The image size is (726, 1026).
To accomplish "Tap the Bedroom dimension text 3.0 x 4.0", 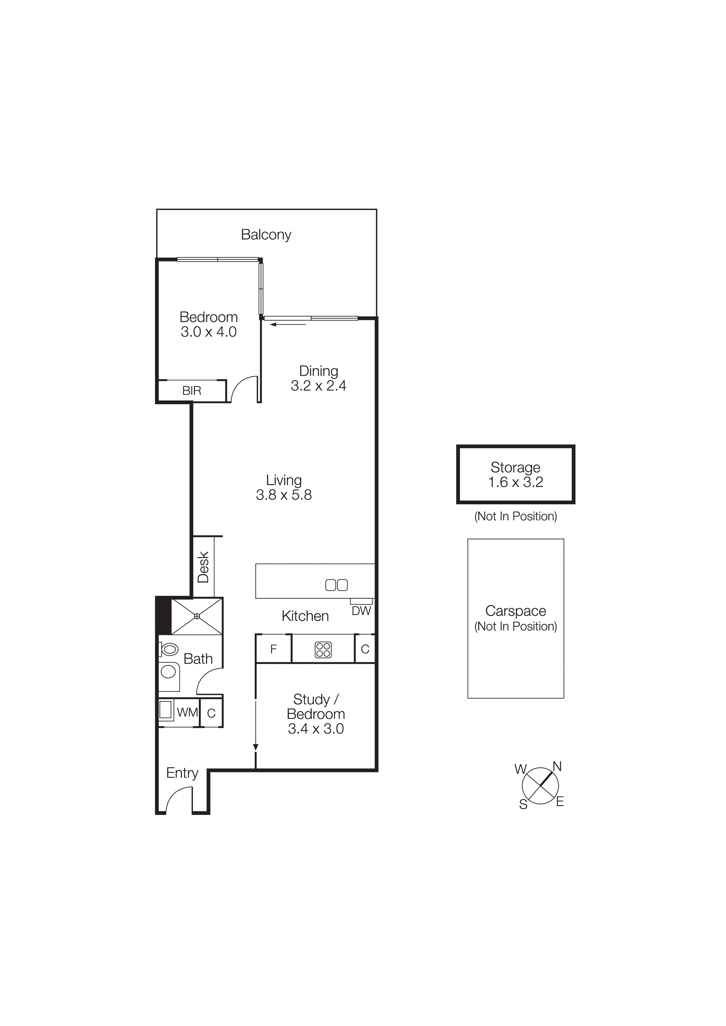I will click(x=209, y=332).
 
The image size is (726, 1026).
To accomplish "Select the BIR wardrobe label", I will click(x=192, y=391).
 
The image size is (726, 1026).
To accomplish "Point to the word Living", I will click(x=283, y=480).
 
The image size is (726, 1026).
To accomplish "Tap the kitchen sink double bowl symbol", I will click(x=336, y=585).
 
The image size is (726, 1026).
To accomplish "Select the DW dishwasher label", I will click(x=361, y=611).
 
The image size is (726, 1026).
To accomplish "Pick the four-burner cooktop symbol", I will click(x=323, y=650).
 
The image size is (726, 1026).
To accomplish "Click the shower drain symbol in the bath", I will click(x=197, y=616).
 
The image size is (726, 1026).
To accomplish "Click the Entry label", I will click(x=182, y=773).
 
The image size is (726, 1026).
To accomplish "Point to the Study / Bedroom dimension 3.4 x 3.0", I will click(x=316, y=729).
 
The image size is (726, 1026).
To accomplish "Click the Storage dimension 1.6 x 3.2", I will click(x=515, y=482).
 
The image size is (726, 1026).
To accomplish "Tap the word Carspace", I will click(x=515, y=611).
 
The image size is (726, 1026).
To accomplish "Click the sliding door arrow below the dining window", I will click(x=288, y=324).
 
